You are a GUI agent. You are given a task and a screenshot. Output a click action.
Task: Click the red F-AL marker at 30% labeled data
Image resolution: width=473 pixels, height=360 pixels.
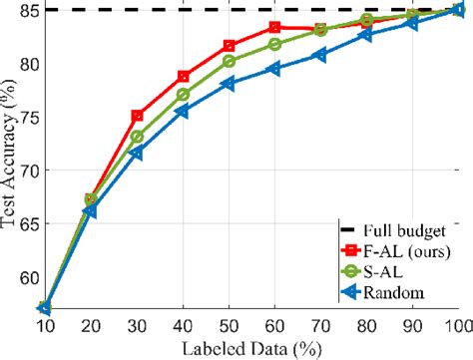pos(138,116)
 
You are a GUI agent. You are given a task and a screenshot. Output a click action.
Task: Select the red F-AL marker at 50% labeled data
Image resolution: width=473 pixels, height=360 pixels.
pos(230,46)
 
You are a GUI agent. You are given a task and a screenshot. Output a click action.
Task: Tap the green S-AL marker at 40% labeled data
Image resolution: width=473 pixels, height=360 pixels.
pos(184,95)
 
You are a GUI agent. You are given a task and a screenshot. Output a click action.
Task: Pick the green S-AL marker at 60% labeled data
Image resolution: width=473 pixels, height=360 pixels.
pos(275,44)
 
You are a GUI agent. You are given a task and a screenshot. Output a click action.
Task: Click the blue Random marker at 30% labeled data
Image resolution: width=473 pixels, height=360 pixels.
pos(138,153)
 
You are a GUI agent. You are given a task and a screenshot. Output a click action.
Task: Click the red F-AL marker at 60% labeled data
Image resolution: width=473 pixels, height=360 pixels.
pos(275,27)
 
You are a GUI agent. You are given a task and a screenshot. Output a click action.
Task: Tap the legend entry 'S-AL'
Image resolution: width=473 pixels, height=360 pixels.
pos(384,270)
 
